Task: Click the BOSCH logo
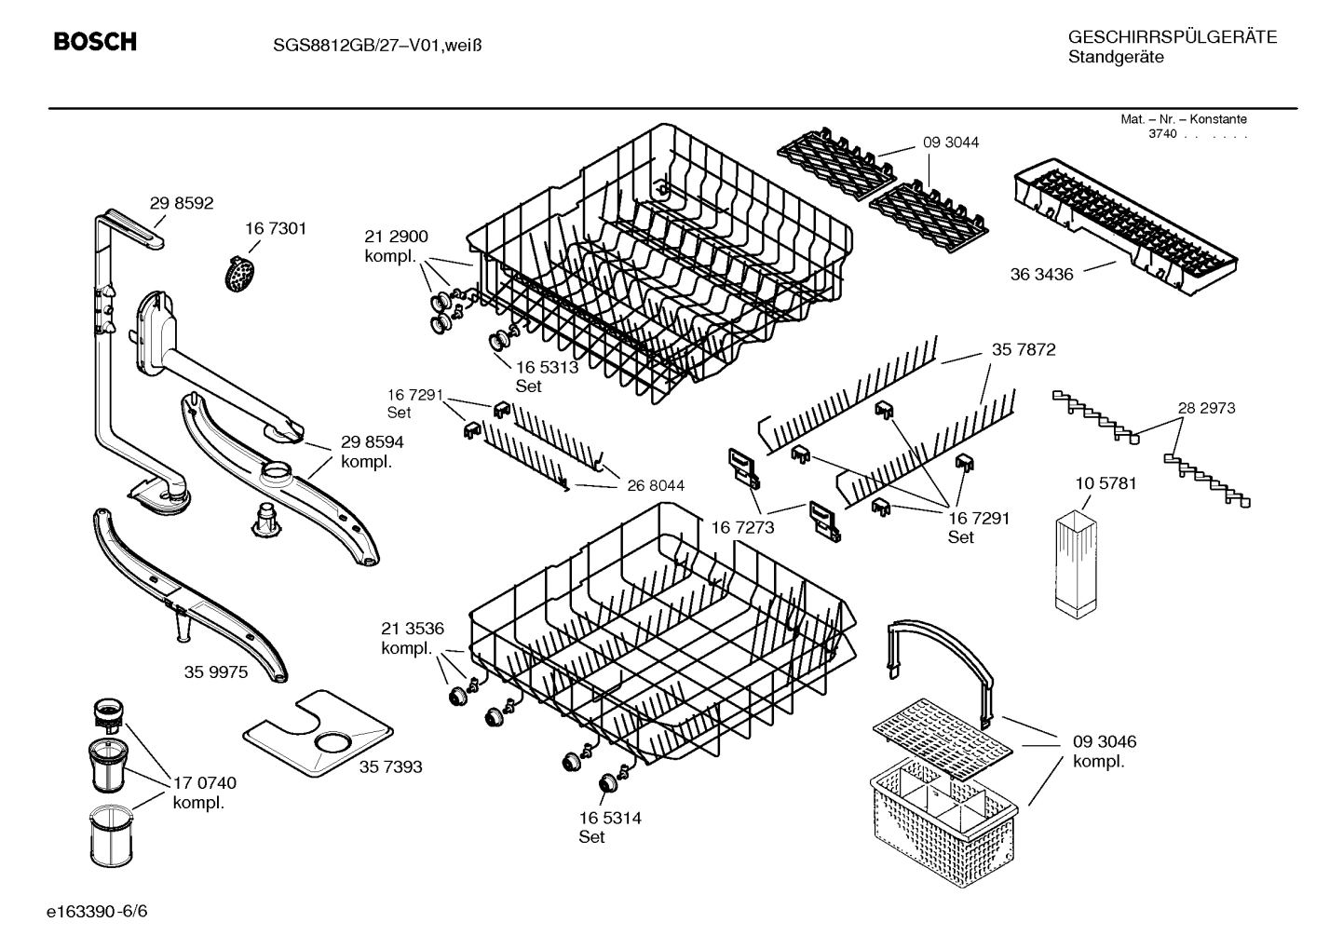click(95, 42)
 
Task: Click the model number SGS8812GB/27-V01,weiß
click(364, 44)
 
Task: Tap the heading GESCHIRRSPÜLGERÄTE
click(1172, 37)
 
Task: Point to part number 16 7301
click(276, 228)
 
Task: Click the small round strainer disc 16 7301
click(241, 273)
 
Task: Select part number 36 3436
click(1041, 275)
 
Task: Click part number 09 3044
click(951, 142)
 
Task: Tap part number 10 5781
click(1106, 484)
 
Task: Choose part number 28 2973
click(1206, 408)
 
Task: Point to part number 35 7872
click(1024, 349)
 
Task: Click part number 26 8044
click(656, 485)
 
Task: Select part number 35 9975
click(216, 671)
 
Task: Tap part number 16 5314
click(610, 818)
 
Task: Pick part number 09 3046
click(1105, 742)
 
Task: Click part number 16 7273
click(743, 527)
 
